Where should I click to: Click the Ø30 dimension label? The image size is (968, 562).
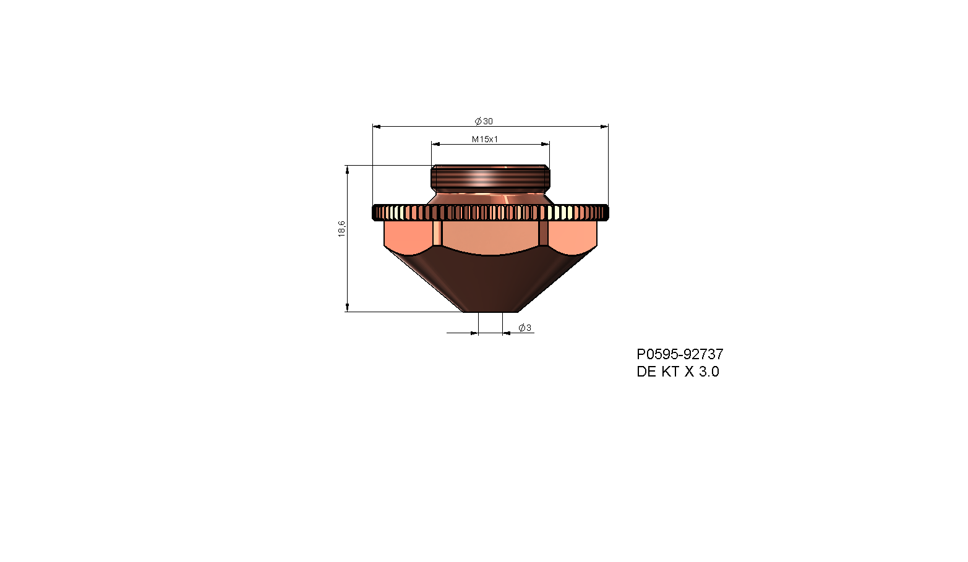484,121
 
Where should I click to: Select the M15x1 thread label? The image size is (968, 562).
485,139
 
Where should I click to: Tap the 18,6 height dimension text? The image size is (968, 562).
341,229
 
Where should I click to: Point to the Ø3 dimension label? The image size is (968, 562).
525,328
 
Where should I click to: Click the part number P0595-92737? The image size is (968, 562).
680,354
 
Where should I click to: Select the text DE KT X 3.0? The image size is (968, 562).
678,372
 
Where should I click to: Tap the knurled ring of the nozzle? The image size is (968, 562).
490,213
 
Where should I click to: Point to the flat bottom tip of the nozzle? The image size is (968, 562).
490,310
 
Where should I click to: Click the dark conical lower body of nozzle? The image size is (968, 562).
490,281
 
